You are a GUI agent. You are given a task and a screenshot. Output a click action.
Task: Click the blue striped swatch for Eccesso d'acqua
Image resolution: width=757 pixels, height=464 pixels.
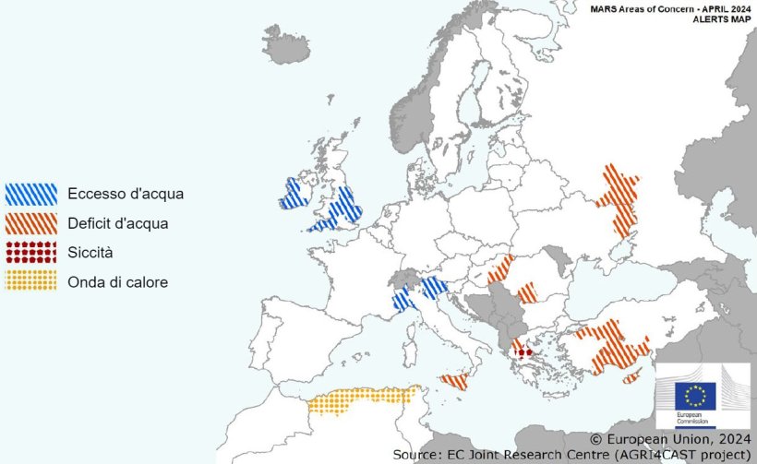(x=30, y=194)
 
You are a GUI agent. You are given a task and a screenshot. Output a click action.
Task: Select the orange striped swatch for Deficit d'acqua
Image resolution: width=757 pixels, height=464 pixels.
(x=30, y=222)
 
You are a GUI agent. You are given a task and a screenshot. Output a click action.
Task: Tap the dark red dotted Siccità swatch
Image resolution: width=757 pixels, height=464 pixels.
(x=30, y=251)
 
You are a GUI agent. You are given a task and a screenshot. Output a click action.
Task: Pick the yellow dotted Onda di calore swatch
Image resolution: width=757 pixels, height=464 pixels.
(x=30, y=280)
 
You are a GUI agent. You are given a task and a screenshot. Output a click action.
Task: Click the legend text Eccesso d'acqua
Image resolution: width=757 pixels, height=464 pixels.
(x=125, y=194)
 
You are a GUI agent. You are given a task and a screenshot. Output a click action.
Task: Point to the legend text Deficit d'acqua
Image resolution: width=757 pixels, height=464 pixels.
(x=117, y=222)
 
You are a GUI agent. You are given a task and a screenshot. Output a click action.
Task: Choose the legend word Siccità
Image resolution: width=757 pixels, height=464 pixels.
(x=90, y=252)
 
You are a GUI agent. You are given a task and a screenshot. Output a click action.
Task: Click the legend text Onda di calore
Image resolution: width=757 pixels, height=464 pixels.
(x=117, y=281)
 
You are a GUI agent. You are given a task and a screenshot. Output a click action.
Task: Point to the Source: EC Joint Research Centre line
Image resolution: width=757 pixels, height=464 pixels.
(x=571, y=455)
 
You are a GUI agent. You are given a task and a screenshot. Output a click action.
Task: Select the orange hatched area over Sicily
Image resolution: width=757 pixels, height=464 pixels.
(x=454, y=380)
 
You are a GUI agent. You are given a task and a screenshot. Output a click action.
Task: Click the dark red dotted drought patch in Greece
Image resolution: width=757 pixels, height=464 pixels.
(x=523, y=351)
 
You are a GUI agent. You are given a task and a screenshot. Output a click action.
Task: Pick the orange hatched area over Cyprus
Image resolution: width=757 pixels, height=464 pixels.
(x=632, y=377)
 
